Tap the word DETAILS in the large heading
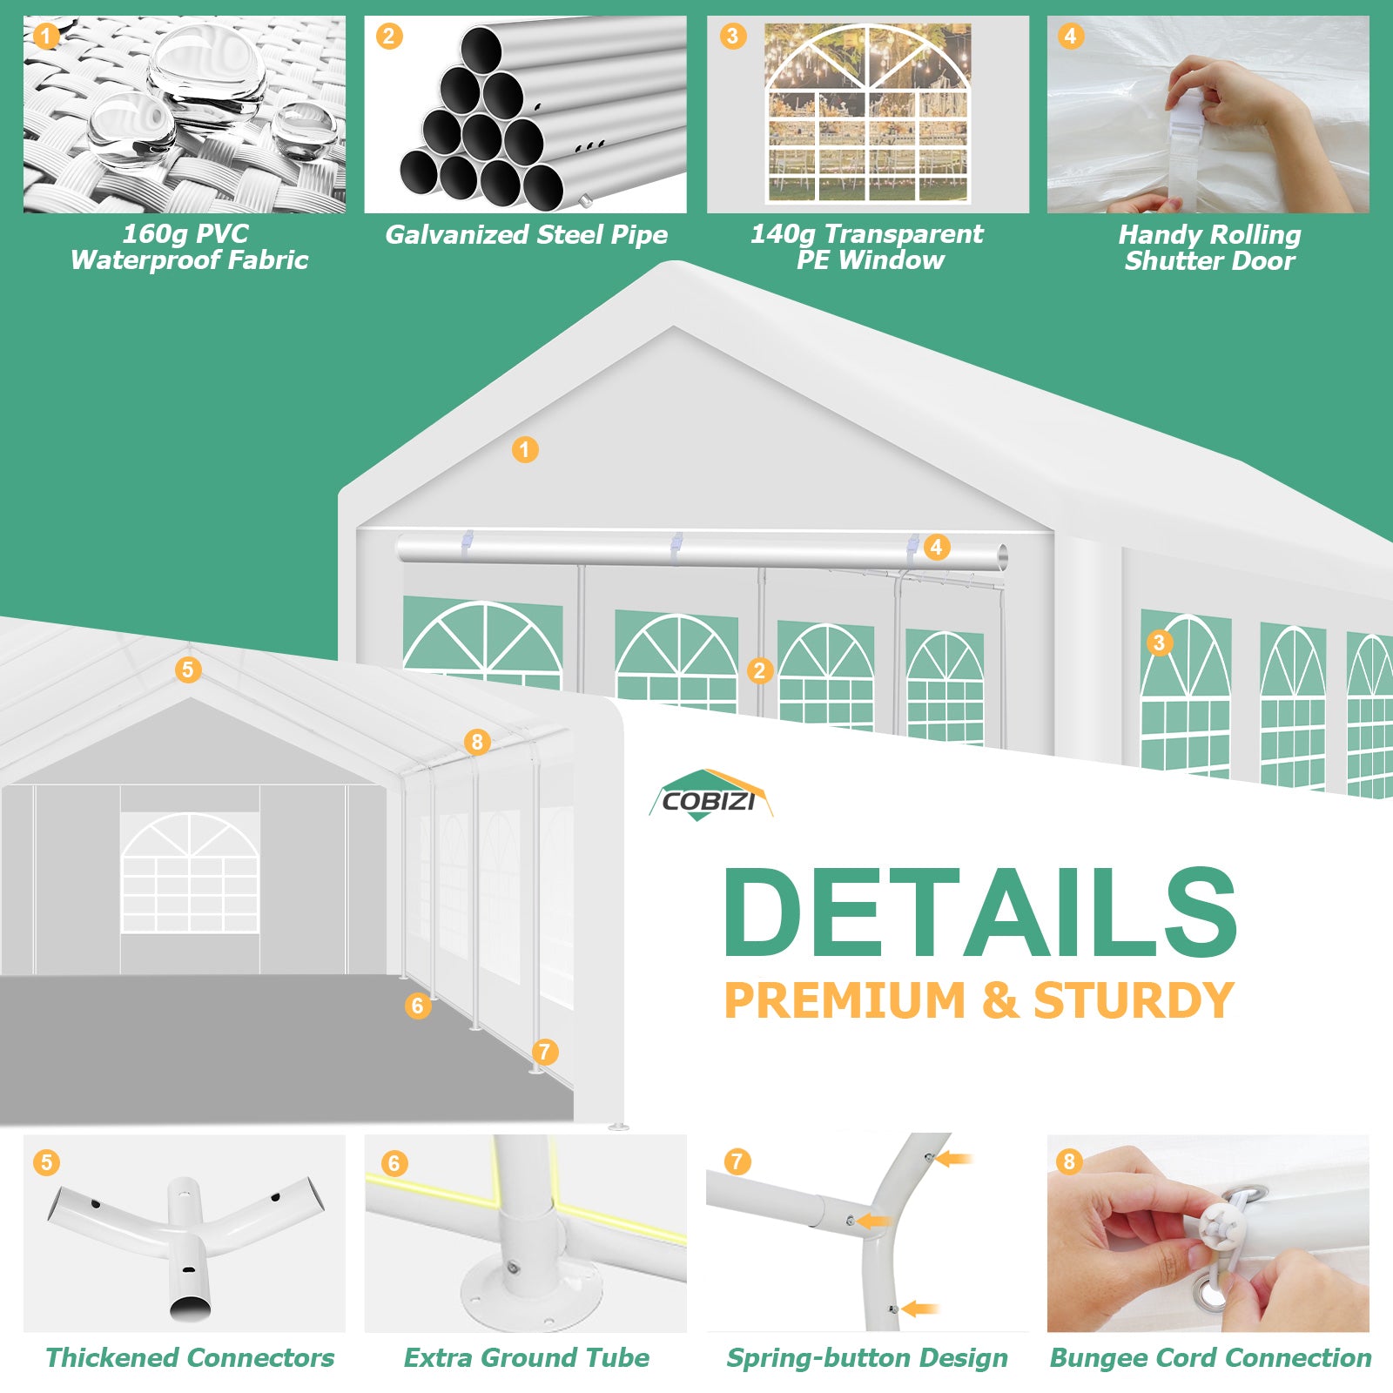(x=981, y=912)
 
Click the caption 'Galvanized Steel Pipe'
(x=526, y=234)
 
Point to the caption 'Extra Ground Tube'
(x=526, y=1357)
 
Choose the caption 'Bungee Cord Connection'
(x=1210, y=1357)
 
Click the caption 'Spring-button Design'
(x=867, y=1358)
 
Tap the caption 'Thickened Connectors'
(x=190, y=1357)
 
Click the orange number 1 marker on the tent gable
(x=524, y=449)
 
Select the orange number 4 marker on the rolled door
(x=936, y=547)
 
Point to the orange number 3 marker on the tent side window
(x=1158, y=643)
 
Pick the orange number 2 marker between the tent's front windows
(x=759, y=670)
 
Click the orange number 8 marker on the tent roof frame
(x=476, y=742)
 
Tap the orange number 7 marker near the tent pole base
(x=544, y=1052)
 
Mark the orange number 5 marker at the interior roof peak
(x=187, y=670)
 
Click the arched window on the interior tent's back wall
(x=190, y=872)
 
